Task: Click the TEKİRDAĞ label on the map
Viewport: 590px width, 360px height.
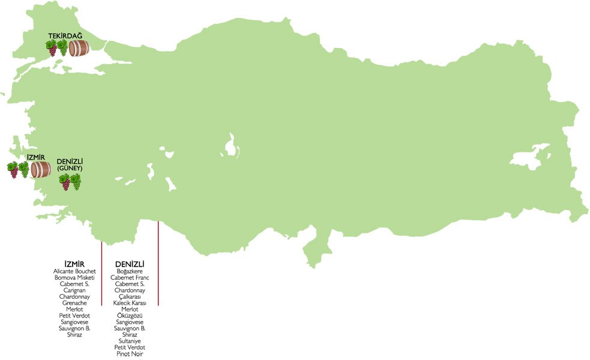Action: coord(65,36)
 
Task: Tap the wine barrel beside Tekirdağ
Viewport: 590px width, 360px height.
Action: coord(79,48)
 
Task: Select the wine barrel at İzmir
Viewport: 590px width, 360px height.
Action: coord(41,169)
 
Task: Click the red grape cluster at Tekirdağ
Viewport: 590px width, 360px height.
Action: coord(52,48)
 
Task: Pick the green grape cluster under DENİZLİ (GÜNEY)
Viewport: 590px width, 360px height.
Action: coord(76,182)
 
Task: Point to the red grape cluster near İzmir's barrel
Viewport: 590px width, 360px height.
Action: coord(13,170)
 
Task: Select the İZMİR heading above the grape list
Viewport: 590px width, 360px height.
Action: coord(74,264)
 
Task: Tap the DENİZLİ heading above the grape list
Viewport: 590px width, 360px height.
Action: coord(130,264)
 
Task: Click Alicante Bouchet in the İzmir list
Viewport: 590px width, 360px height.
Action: coord(74,272)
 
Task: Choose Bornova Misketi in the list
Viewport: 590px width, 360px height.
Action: coord(74,278)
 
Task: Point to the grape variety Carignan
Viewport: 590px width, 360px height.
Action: coord(74,290)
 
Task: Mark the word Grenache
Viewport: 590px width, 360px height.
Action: coord(74,303)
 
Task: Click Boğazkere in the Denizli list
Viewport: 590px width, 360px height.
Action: coord(130,272)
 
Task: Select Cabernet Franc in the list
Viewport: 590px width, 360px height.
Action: coord(130,278)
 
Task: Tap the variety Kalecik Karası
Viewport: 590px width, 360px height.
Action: coord(130,303)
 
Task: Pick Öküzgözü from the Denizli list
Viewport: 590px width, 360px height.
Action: coord(130,316)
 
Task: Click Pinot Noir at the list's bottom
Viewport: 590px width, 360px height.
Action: coord(130,353)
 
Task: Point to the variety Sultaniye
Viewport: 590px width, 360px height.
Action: coord(130,341)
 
